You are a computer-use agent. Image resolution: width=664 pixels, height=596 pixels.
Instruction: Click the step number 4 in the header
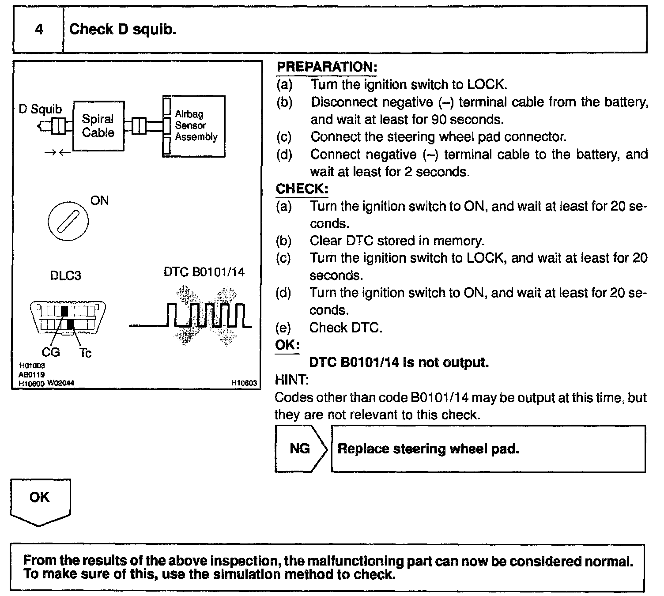coord(39,30)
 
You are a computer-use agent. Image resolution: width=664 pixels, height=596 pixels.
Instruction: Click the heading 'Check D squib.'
coord(123,30)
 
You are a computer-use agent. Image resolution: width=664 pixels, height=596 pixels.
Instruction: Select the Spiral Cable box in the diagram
coord(98,126)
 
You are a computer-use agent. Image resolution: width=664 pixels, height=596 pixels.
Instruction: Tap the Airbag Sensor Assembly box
coord(194,126)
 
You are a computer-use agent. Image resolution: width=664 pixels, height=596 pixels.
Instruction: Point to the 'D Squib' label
coord(41,109)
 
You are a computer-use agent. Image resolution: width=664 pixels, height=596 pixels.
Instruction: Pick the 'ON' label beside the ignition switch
coord(99,201)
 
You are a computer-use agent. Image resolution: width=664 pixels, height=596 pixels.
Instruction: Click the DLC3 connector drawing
coord(67,317)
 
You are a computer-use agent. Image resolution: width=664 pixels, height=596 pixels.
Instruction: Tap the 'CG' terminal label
coord(51,352)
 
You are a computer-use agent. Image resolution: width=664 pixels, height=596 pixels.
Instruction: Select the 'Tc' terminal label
coord(86,353)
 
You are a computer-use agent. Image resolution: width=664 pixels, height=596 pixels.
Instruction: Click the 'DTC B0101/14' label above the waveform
coord(204,272)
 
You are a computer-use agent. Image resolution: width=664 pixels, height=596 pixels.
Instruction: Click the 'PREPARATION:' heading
coord(327,67)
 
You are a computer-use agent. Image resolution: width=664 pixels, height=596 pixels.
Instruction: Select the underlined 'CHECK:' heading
coord(302,189)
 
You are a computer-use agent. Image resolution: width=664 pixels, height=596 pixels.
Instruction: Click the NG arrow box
coord(300,449)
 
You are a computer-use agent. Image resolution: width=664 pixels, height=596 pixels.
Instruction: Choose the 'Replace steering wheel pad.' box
coord(488,449)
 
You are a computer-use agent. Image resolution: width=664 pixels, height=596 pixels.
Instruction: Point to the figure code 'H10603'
coord(244,383)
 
